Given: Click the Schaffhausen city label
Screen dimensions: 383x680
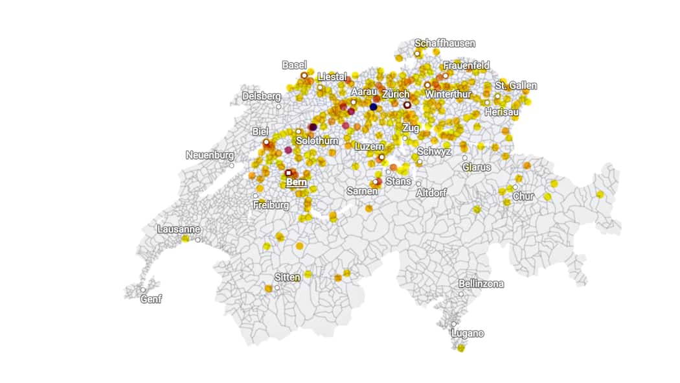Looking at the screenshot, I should [445, 43].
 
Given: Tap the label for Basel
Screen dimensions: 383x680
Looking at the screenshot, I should [294, 65].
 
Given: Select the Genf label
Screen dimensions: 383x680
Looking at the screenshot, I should [152, 299].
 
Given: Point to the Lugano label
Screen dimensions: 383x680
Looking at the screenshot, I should [468, 333].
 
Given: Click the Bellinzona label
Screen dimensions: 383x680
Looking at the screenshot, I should [481, 283].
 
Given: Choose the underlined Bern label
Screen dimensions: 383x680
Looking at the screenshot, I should [296, 182].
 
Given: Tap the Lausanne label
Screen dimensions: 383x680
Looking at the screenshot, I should [179, 229].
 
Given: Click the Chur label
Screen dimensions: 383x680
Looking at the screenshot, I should [524, 196].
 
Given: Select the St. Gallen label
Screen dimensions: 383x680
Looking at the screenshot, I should [516, 86].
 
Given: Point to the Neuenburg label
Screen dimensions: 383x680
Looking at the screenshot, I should [209, 155].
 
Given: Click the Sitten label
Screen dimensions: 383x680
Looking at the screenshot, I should [288, 277].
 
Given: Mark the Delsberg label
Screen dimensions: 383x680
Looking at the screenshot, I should [262, 96].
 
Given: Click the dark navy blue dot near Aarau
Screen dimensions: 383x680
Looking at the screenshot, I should [373, 107].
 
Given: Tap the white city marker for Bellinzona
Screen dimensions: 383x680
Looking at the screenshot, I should [461, 294].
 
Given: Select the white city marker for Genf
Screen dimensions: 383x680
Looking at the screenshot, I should [142, 290].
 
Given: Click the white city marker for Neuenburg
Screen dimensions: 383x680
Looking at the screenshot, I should [231, 165].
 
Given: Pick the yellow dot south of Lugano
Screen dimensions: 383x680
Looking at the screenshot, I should [460, 348].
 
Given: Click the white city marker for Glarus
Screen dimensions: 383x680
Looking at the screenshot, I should [464, 157].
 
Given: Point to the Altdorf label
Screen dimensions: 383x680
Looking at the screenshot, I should [431, 193].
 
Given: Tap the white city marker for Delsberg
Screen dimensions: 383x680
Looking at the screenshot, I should [278, 106].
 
